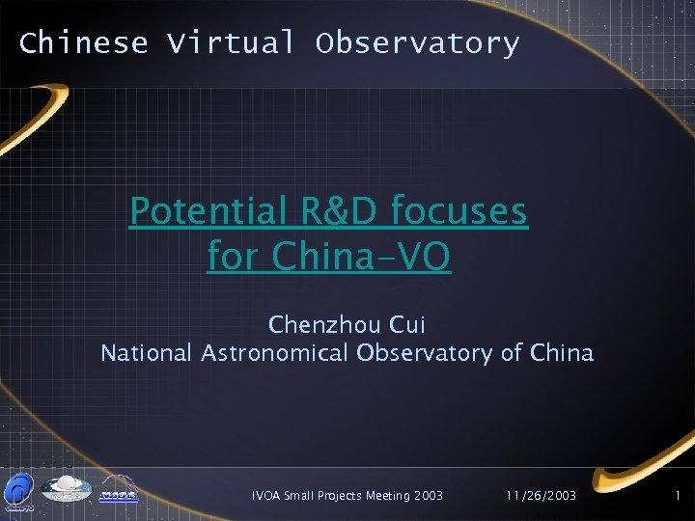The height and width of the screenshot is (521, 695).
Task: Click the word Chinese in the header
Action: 83,43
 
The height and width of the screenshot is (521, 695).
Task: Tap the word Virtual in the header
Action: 231,43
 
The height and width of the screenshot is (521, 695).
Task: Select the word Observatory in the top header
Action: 417,43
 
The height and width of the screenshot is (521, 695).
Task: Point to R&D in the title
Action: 331,210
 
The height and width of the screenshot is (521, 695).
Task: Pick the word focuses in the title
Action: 460,210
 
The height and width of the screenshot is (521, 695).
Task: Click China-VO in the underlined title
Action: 362,257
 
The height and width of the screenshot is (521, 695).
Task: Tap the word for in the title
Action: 235,257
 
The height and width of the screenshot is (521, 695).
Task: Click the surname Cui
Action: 405,323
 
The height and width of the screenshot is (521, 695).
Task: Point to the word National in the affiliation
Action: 147,353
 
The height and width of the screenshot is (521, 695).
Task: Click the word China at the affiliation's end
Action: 562,353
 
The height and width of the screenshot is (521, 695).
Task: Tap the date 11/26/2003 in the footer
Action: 541,495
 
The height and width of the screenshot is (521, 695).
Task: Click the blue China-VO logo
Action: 19,490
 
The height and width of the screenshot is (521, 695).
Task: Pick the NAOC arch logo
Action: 118,489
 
